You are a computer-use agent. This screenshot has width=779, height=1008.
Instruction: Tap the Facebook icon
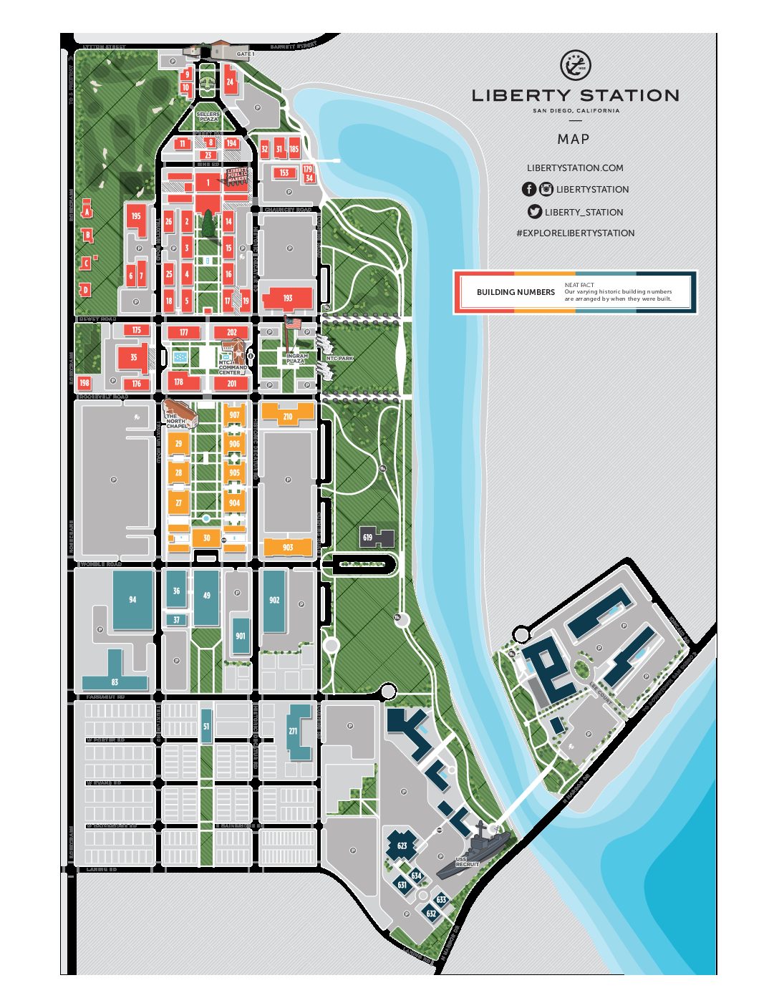(528, 189)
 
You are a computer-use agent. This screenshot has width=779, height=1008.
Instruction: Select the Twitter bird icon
(534, 211)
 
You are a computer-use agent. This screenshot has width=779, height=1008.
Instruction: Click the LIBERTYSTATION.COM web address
(575, 168)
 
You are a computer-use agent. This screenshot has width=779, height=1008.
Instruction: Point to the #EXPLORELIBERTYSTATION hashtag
(575, 233)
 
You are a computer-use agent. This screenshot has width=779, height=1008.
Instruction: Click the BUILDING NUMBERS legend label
(516, 292)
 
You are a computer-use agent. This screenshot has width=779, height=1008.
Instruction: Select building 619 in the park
(368, 537)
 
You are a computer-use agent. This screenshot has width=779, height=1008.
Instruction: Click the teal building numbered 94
(132, 600)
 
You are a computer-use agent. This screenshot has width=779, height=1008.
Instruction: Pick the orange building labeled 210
(288, 415)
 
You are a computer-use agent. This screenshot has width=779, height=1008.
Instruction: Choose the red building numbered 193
(288, 298)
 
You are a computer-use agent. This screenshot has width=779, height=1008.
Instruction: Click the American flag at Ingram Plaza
(292, 324)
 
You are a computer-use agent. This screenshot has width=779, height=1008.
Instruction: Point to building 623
(402, 845)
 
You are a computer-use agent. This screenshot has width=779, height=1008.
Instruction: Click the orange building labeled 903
(288, 548)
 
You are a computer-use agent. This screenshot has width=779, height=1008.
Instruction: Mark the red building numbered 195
(136, 215)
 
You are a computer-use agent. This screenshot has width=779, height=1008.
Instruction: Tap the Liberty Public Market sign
(237, 175)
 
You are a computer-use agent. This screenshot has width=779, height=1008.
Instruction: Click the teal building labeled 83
(115, 682)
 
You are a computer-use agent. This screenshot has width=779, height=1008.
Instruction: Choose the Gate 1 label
(245, 54)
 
